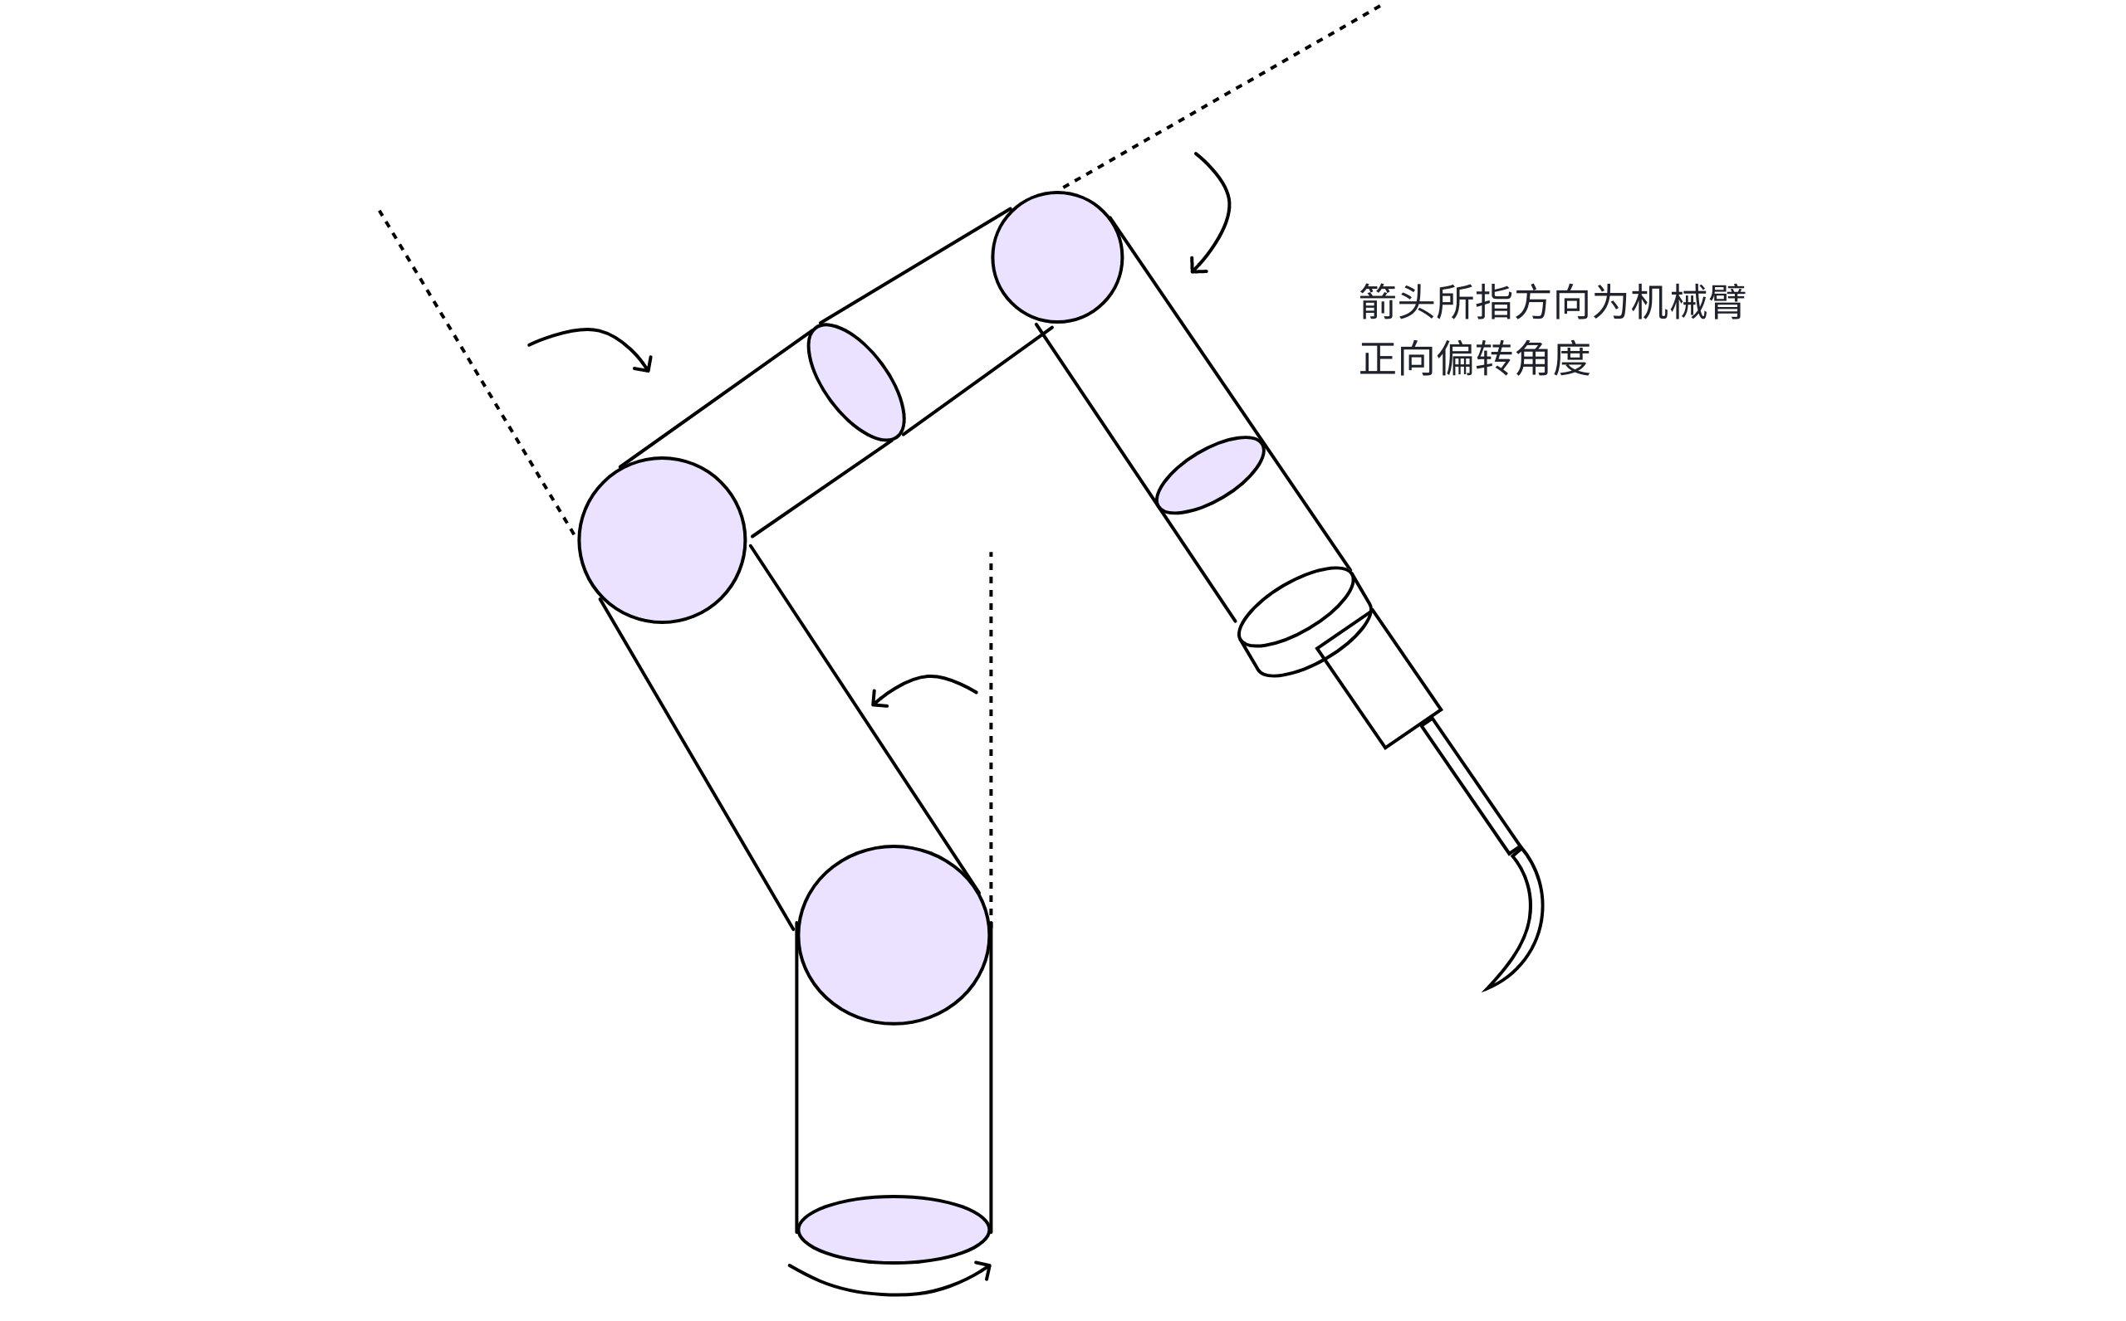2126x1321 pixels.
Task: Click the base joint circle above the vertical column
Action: point(893,934)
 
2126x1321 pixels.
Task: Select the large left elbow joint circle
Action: point(662,540)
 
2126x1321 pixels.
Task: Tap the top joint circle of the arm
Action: point(1057,257)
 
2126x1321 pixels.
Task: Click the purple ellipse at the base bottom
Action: point(893,1228)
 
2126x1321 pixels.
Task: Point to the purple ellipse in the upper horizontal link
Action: point(855,382)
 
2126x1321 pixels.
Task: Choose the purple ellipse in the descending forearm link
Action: point(1210,475)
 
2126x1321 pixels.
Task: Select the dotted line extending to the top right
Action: point(1224,96)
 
